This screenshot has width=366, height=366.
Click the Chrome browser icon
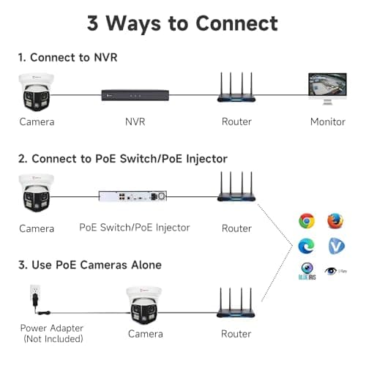click(x=307, y=220)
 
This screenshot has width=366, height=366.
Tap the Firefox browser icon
click(x=335, y=220)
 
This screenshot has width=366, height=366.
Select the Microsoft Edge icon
click(x=307, y=246)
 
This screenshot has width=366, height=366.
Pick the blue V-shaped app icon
click(x=335, y=246)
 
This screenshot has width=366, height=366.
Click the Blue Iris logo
click(x=307, y=272)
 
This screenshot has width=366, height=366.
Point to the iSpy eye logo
click(x=335, y=271)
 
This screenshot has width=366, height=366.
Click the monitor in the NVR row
click(x=327, y=90)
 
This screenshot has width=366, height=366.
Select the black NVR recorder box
click(x=135, y=94)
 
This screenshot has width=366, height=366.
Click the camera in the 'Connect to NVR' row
click(x=37, y=91)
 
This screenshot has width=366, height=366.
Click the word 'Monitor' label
click(x=327, y=122)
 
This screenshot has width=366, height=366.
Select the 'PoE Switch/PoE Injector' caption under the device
click(x=135, y=228)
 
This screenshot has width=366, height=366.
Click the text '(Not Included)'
click(x=52, y=339)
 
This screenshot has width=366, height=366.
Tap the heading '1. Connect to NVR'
click(x=67, y=56)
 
